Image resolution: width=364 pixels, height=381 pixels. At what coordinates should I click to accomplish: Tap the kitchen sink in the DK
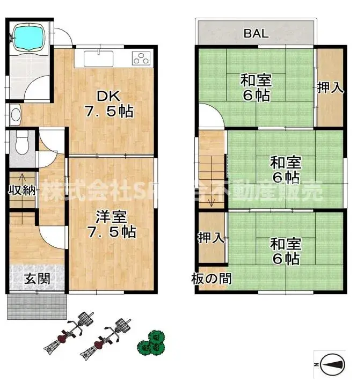98,58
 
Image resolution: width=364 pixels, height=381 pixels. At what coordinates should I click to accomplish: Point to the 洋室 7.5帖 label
112,225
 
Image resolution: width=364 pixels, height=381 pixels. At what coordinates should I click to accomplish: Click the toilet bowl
22,143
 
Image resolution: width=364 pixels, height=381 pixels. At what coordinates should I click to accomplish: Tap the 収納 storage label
21,189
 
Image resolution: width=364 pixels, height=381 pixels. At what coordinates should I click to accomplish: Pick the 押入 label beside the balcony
330,88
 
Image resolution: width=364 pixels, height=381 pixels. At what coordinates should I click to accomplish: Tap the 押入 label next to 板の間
211,238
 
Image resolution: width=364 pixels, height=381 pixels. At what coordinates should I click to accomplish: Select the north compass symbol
329,364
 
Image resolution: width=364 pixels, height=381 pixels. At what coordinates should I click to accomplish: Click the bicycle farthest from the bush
68,335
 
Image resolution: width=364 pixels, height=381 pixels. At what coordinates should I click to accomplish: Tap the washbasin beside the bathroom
14,114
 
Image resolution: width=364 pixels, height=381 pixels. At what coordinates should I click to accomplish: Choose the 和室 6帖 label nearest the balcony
256,89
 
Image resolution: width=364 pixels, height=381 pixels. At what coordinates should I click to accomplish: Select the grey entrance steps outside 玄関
37,306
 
